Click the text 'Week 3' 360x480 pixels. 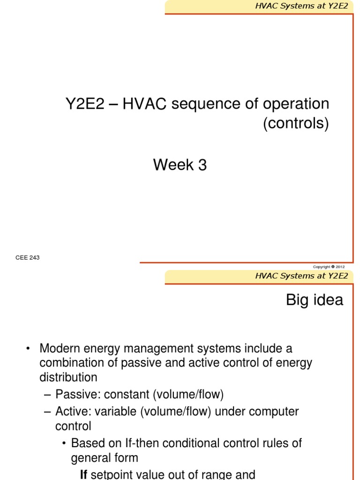pyautogui.click(x=180, y=165)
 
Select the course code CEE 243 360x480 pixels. pyautogui.click(x=27, y=257)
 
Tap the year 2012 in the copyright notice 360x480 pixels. pyautogui.click(x=340, y=267)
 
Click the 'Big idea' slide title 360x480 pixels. pyautogui.click(x=315, y=300)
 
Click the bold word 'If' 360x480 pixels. pyautogui.click(x=84, y=474)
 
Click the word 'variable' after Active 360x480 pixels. pyautogui.click(x=115, y=412)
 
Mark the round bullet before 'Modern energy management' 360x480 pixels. pyautogui.click(x=28, y=349)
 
